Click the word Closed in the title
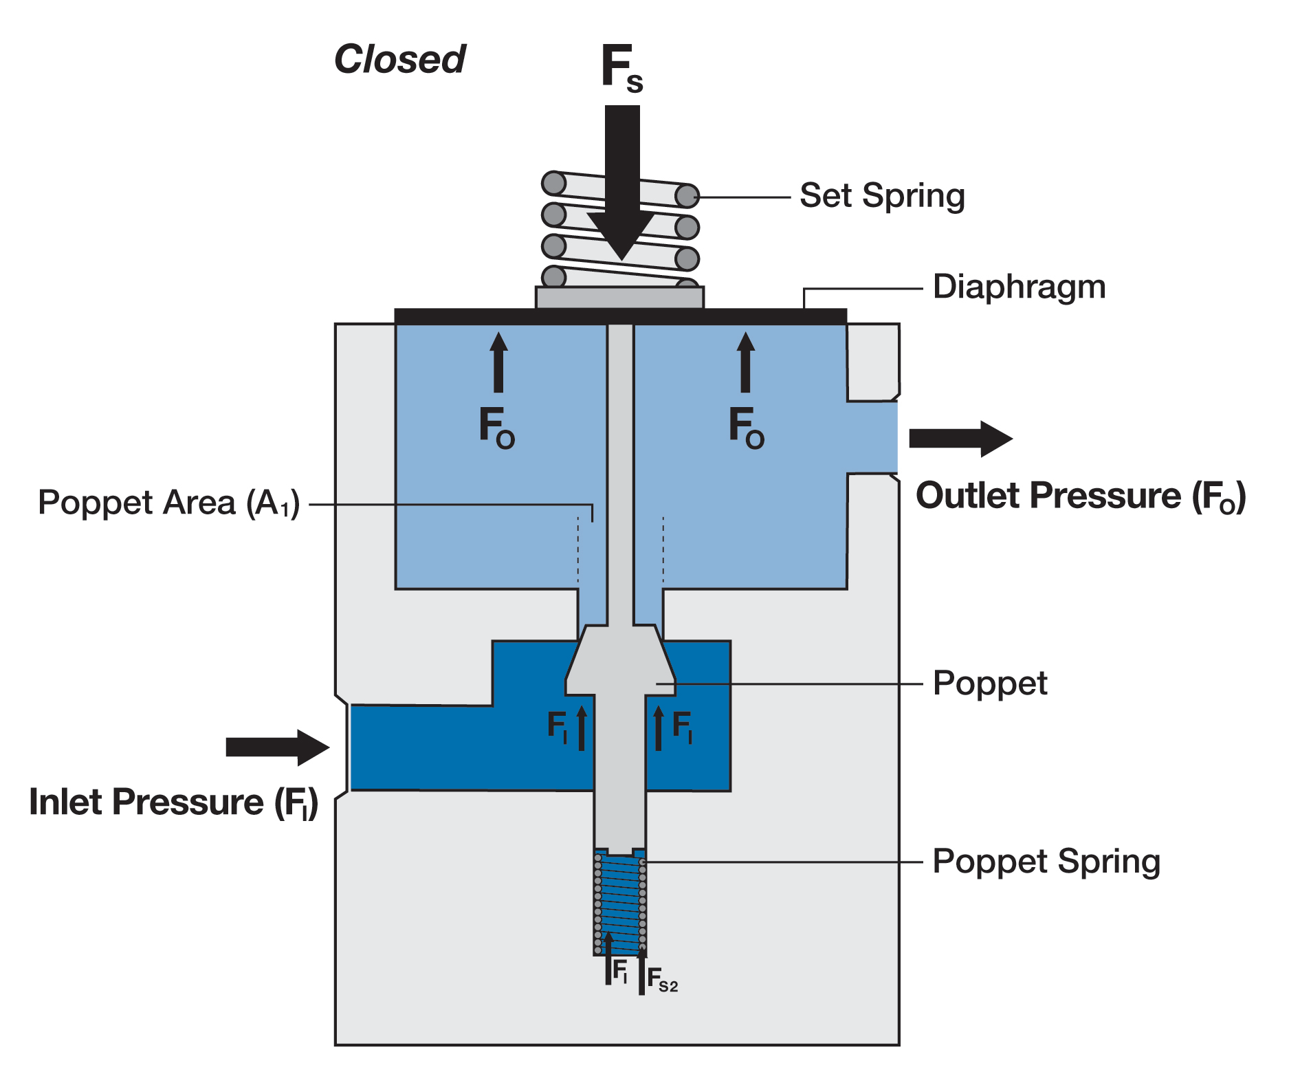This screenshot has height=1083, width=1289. [x=399, y=59]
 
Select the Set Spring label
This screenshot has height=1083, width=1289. [x=882, y=196]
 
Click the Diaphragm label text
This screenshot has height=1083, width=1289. [x=1019, y=287]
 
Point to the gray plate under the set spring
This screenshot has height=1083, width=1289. [x=619, y=298]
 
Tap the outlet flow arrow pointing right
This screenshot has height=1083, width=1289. [x=960, y=439]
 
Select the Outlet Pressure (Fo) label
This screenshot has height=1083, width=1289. [x=1080, y=496]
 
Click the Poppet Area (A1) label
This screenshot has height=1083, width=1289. [x=168, y=503]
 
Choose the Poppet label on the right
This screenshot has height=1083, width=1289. [x=989, y=683]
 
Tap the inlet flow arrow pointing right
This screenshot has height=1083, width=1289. [x=277, y=747]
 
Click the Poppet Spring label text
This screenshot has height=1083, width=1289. [x=1046, y=862]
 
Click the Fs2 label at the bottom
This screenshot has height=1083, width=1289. [x=662, y=979]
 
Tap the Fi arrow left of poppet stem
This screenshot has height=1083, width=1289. [x=582, y=729]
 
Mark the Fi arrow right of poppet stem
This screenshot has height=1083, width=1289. [x=659, y=729]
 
